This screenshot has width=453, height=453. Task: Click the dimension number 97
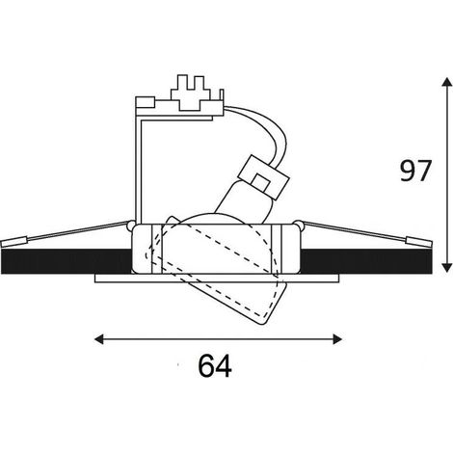coord(414,171)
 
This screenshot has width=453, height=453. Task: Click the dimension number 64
coord(215,365)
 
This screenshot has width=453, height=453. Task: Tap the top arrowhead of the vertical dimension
coord(445,82)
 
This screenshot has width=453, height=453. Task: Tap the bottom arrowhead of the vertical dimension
coord(445,268)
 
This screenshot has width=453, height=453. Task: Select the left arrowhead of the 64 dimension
coord(99,339)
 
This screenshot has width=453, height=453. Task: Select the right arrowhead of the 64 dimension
coord(337,339)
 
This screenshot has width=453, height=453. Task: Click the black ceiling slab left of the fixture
coord(67,261)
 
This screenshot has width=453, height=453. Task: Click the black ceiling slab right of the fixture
coord(366,261)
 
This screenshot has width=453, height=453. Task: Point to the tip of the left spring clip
coord(2,244)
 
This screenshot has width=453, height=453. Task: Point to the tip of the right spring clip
coord(432,244)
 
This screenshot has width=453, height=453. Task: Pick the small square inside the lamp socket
coord(260,182)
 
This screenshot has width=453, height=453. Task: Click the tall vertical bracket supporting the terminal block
coord(138,167)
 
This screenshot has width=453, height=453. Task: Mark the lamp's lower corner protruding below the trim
coord(262,324)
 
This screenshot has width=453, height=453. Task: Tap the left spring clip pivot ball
coord(131,225)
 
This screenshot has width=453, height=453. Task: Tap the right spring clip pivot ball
coord(299,225)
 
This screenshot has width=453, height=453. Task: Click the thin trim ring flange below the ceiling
coord(217,279)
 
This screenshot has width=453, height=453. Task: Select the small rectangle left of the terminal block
coord(146,101)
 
